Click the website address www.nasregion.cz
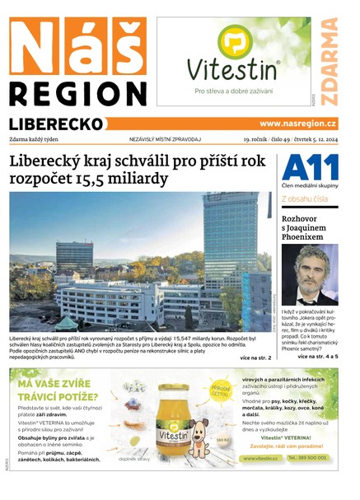click(298, 124)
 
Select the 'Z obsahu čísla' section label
click(306, 199)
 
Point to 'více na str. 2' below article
click(255, 359)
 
